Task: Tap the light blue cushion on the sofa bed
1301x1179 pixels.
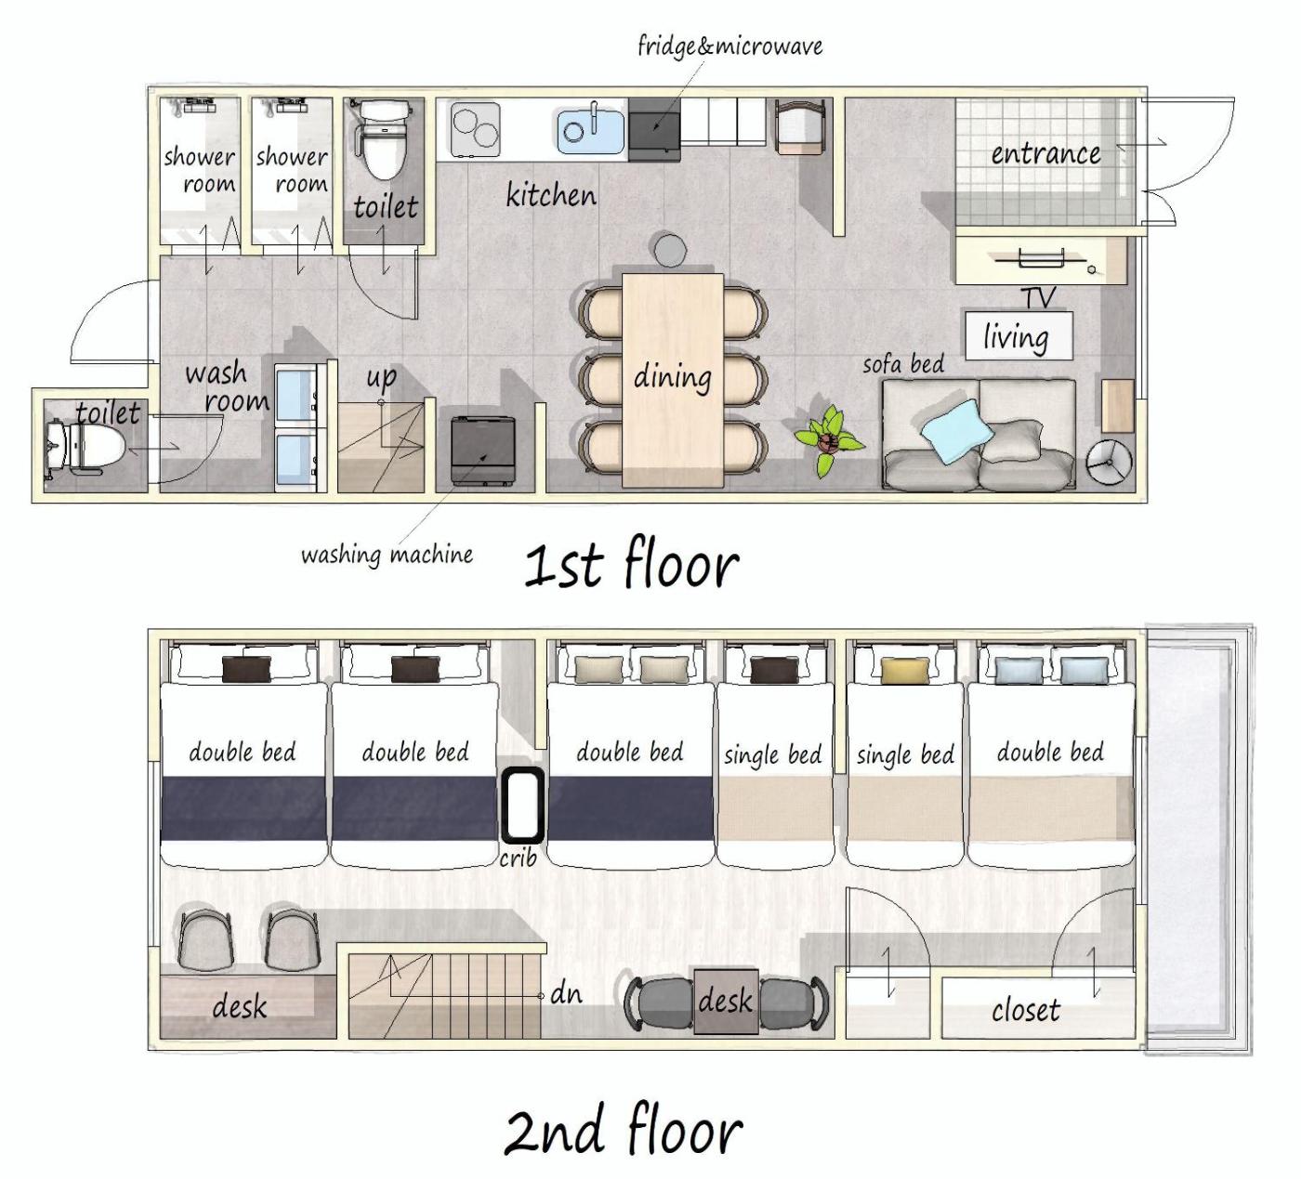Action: pos(957,430)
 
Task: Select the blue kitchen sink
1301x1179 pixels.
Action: pos(591,130)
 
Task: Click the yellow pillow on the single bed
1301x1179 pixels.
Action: pos(905,671)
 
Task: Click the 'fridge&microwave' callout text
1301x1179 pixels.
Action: pos(730,46)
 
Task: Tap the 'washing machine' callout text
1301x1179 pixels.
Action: pos(388,556)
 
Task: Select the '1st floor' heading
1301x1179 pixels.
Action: pos(631,564)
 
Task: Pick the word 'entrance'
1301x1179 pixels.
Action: pos(1045,154)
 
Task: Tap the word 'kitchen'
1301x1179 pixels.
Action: pos(551,194)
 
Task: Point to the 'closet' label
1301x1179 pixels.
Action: pos(1026,1010)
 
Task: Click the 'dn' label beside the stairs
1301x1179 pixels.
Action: pos(566,994)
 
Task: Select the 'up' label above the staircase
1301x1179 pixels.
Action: pos(381,377)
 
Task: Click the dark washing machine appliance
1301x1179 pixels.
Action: pos(483,451)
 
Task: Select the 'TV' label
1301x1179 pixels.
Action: pos(1039,297)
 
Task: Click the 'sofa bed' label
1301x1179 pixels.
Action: pos(903,364)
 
